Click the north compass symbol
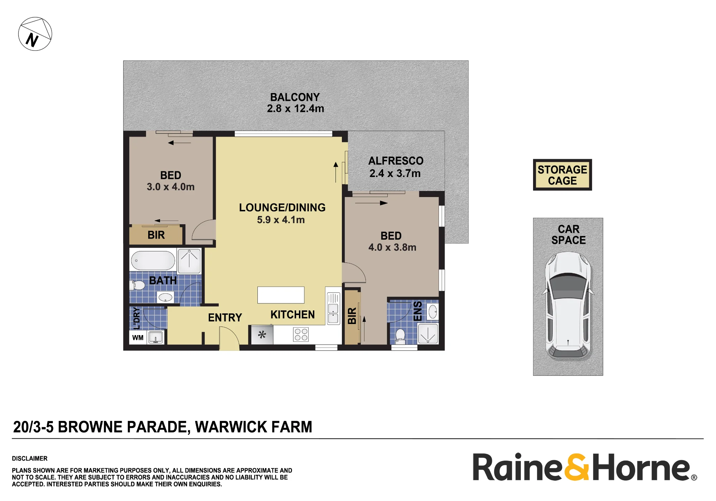tap(35, 34)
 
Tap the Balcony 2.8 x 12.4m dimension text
tap(295, 109)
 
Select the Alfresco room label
tap(396, 161)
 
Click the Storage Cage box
tap(562, 175)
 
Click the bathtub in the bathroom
tap(153, 260)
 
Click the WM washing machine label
tap(138, 338)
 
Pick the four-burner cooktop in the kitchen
tap(301, 335)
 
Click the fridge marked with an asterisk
tap(262, 335)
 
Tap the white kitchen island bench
tap(281, 295)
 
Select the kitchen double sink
tap(333, 308)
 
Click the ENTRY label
tap(225, 318)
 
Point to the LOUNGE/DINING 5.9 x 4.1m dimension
tap(281, 220)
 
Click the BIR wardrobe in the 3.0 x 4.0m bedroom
tap(156, 235)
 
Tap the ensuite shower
tap(428, 334)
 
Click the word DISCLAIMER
tap(30, 458)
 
